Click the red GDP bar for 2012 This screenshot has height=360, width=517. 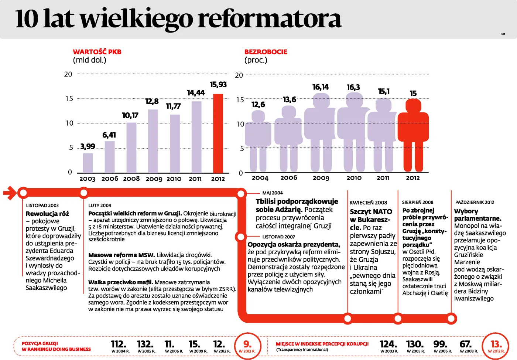218,133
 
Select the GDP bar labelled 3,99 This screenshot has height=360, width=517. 88,163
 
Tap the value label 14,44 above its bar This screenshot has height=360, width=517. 196,93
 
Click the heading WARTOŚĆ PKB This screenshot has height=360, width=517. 97,52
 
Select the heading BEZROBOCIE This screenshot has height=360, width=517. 266,52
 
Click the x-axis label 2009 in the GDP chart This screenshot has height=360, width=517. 154,179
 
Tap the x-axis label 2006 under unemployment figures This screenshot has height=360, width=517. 289,178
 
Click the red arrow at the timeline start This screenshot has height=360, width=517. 10,193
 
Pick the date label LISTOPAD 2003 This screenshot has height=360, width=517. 42,206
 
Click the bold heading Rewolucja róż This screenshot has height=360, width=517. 47,214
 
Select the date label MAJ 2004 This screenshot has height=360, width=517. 273,193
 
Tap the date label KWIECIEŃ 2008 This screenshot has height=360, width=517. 368,203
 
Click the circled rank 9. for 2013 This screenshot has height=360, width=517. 247,346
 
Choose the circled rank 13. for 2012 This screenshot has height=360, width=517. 496,346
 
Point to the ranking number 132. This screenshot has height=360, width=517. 145,344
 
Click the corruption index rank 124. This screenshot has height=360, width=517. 388,344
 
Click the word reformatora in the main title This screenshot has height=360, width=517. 270,18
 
